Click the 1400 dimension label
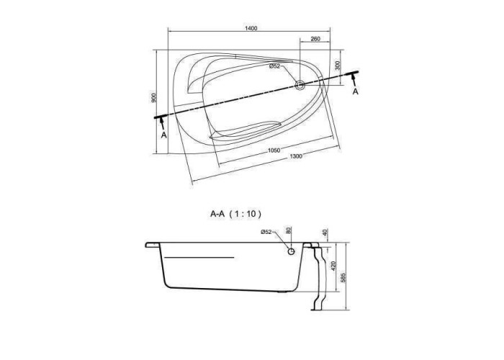pyautogui.click(x=251, y=28)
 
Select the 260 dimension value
pyautogui.click(x=315, y=39)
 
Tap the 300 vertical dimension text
pyautogui.click(x=337, y=66)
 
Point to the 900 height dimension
pyautogui.click(x=154, y=98)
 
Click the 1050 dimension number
pyautogui.click(x=274, y=150)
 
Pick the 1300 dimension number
pyautogui.click(x=296, y=156)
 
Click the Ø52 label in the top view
pyautogui.click(x=275, y=66)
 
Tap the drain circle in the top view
pyautogui.click(x=300, y=85)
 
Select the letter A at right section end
pyautogui.click(x=355, y=91)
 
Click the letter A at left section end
pyautogui.click(x=164, y=135)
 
